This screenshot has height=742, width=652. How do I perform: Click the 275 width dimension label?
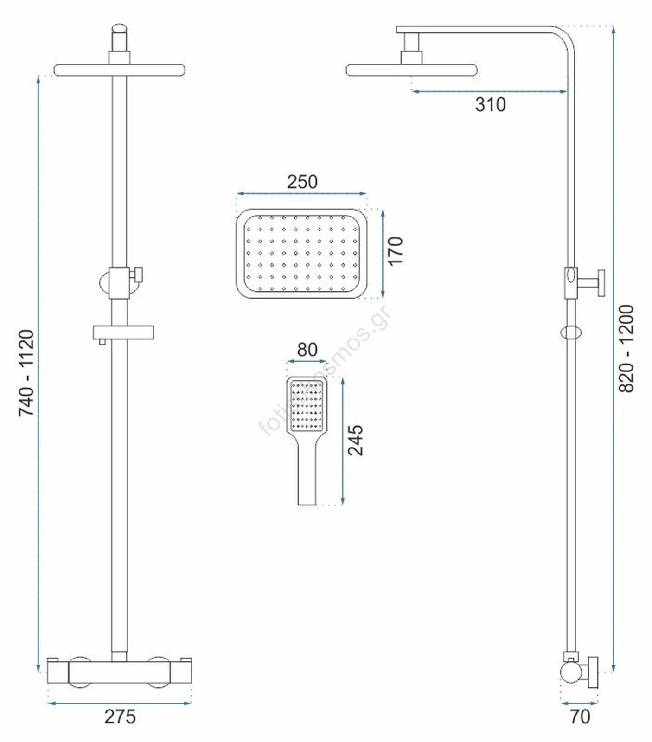(x=120, y=716)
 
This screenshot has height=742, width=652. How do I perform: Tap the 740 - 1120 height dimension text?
(x=26, y=373)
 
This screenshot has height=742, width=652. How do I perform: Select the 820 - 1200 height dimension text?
(x=626, y=348)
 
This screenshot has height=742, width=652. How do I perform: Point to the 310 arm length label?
(x=490, y=104)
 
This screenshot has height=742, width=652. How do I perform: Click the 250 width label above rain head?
(x=302, y=181)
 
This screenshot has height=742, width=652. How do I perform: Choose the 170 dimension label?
(x=396, y=251)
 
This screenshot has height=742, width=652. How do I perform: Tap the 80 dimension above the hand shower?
(x=307, y=350)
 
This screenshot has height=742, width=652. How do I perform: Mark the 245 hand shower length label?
(x=355, y=440)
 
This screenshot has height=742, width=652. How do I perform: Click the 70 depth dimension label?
(x=580, y=716)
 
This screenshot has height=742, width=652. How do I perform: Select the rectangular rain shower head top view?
(x=301, y=253)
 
